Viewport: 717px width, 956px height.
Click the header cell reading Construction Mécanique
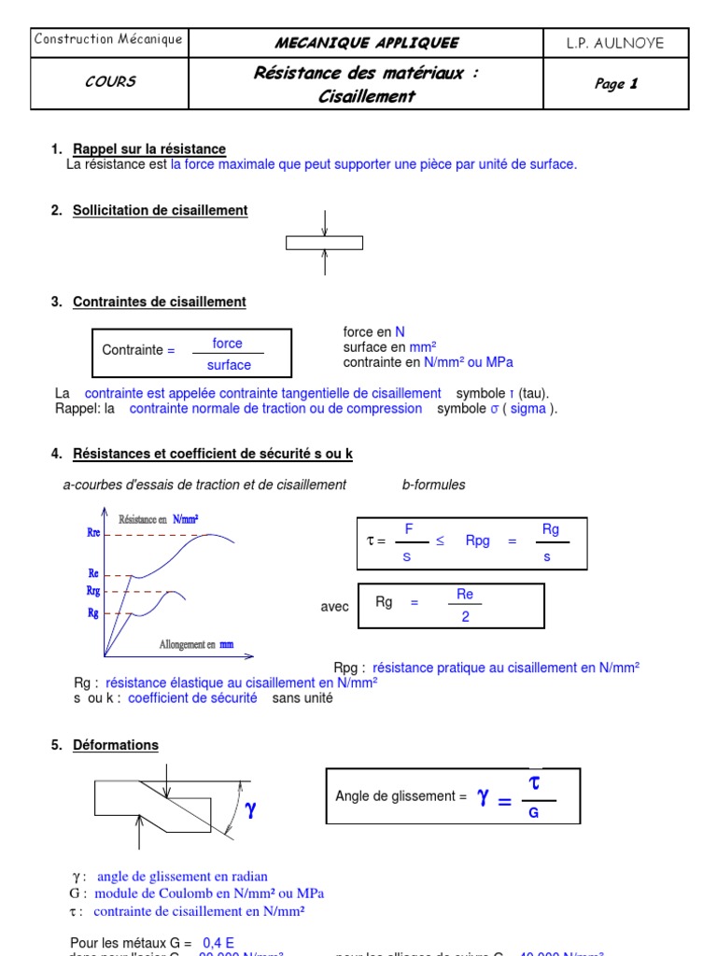pyautogui.click(x=108, y=39)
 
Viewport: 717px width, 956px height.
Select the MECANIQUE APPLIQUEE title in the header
pyautogui.click(x=366, y=43)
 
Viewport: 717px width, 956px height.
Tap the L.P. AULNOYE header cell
pyautogui.click(x=615, y=43)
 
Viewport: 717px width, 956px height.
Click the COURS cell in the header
pyautogui.click(x=110, y=82)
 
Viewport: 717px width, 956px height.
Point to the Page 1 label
pyautogui.click(x=615, y=84)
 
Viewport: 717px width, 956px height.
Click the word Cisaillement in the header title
pyautogui.click(x=366, y=96)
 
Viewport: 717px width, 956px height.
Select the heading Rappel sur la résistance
pyautogui.click(x=149, y=149)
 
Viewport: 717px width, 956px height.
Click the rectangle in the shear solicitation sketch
pyautogui.click(x=324, y=244)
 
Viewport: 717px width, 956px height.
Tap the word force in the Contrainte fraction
pyautogui.click(x=227, y=344)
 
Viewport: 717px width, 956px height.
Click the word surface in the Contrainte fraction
pyautogui.click(x=229, y=365)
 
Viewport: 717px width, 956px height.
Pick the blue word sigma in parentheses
pyautogui.click(x=527, y=408)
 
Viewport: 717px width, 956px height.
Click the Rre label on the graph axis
pyautogui.click(x=93, y=533)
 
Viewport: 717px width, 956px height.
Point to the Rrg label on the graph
pyautogui.click(x=93, y=591)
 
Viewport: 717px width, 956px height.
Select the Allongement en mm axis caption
pyautogui.click(x=197, y=644)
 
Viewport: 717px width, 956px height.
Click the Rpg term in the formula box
pyautogui.click(x=477, y=541)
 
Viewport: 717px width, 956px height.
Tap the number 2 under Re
pyautogui.click(x=465, y=617)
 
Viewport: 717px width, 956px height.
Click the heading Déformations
pyautogui.click(x=116, y=745)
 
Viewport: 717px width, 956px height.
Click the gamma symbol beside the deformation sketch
pyautogui.click(x=250, y=810)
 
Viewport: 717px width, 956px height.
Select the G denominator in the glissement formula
pyautogui.click(x=534, y=813)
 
